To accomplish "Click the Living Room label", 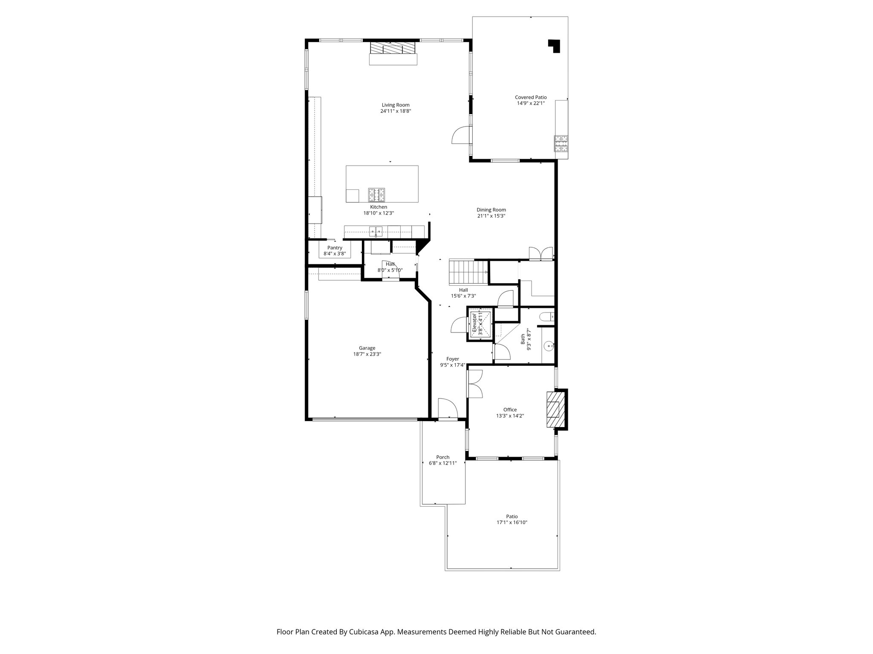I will pyautogui.click(x=396, y=105).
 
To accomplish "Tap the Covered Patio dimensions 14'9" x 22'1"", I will pyautogui.click(x=531, y=103).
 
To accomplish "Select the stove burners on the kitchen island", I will pyautogui.click(x=377, y=195).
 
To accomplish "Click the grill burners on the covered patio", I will pyautogui.click(x=561, y=143).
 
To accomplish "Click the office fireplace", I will pyautogui.click(x=553, y=409).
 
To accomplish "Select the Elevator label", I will pyautogui.click(x=474, y=324).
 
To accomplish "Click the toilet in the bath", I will pyautogui.click(x=546, y=316).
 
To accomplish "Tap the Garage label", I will pyautogui.click(x=367, y=348).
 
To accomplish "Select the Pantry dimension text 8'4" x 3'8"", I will pyautogui.click(x=335, y=254).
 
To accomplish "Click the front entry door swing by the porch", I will pyautogui.click(x=447, y=408).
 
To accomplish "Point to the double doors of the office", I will pyautogui.click(x=474, y=383).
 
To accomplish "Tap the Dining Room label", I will pyautogui.click(x=491, y=209).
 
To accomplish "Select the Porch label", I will pyautogui.click(x=443, y=457).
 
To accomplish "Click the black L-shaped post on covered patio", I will pyautogui.click(x=554, y=46).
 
